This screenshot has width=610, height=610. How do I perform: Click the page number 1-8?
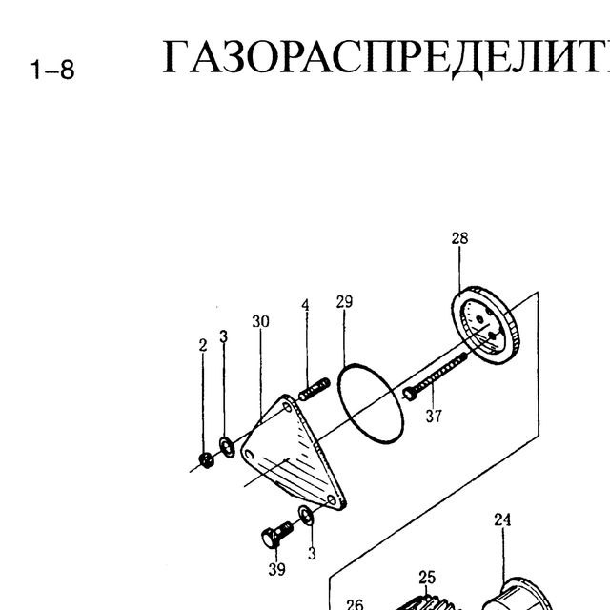(x=52, y=70)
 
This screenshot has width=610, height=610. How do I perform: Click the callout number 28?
(x=459, y=238)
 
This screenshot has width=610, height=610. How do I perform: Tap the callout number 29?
(x=344, y=301)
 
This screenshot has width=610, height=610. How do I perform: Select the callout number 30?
(x=260, y=321)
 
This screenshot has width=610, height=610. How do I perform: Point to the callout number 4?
(x=306, y=305)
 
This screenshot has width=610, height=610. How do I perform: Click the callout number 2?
(x=203, y=345)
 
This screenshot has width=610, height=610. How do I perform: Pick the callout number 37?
(x=434, y=417)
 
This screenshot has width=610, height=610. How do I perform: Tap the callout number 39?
(x=276, y=569)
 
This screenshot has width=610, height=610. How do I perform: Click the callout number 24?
(x=502, y=519)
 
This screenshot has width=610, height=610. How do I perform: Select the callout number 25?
(x=427, y=578)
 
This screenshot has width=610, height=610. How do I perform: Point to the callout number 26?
(x=355, y=604)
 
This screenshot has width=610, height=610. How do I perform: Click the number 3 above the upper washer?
(x=223, y=336)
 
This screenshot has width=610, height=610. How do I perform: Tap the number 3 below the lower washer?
(x=312, y=553)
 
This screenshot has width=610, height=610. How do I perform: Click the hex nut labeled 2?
(x=206, y=459)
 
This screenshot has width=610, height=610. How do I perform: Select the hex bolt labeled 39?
(x=277, y=534)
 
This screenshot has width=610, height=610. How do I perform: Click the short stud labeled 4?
(x=315, y=389)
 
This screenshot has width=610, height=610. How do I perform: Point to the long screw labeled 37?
(x=435, y=376)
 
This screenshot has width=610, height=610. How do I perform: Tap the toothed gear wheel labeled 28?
(x=485, y=326)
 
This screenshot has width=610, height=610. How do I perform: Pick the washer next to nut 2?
(x=227, y=447)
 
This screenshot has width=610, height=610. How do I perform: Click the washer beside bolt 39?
(x=306, y=515)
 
